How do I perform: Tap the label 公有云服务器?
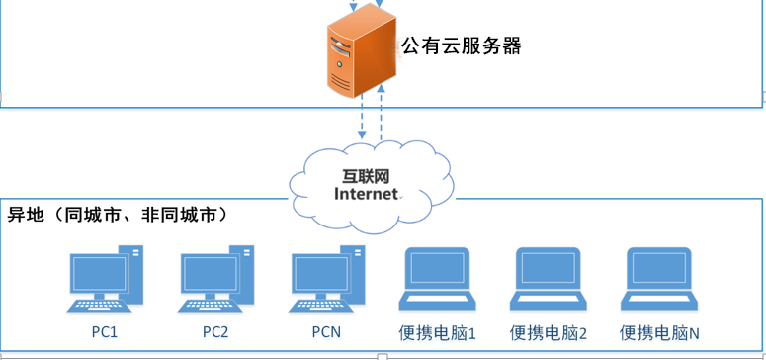click(462, 46)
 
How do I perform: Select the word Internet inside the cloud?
click(366, 194)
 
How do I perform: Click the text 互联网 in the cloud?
click(366, 177)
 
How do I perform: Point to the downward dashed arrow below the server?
click(362, 117)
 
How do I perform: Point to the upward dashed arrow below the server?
click(382, 113)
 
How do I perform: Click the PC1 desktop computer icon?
click(105, 279)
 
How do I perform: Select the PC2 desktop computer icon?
click(215, 279)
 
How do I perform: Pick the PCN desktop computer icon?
click(326, 279)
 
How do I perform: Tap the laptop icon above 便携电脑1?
click(437, 279)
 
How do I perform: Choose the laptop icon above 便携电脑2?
click(549, 279)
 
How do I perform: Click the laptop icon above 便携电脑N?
click(659, 279)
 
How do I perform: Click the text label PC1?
click(105, 332)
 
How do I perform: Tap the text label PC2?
click(215, 332)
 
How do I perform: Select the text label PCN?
click(326, 332)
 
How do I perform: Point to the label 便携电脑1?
click(437, 333)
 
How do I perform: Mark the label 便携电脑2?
click(549, 333)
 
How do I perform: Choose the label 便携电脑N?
click(659, 333)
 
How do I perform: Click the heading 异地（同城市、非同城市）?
click(118, 215)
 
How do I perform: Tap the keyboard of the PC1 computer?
click(99, 306)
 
